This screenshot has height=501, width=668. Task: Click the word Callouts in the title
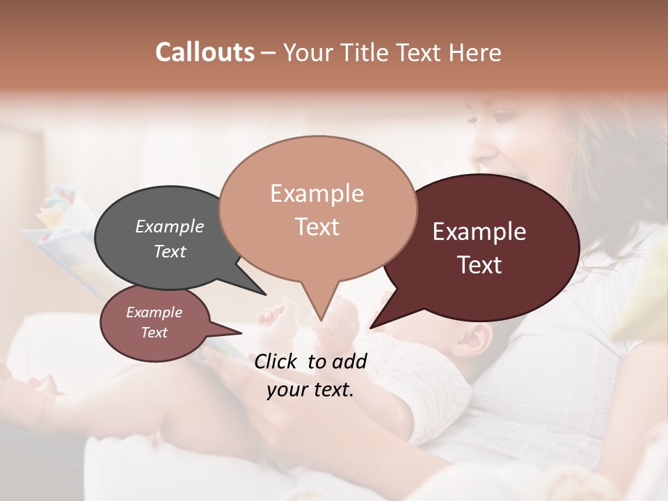(205, 52)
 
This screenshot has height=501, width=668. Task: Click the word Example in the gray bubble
(170, 226)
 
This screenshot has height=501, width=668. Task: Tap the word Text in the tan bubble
(317, 227)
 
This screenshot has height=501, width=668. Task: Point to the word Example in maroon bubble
(479, 232)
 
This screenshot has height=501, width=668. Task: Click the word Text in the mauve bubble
(154, 333)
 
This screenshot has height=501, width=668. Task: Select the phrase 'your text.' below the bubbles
(310, 390)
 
